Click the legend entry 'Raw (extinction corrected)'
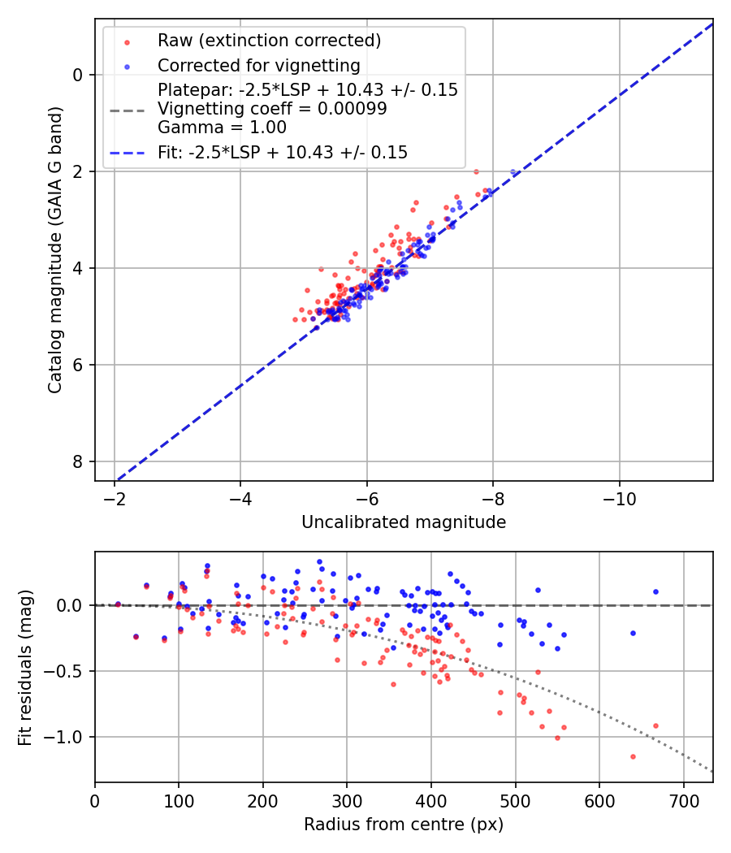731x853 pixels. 269,41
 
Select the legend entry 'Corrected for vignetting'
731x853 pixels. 259,65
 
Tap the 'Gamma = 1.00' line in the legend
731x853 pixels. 222,127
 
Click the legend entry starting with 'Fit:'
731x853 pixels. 282,152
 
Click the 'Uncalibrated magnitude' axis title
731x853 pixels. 404,522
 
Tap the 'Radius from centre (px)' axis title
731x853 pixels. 404,825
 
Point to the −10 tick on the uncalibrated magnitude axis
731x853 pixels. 619,496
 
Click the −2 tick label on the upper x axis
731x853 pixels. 115,496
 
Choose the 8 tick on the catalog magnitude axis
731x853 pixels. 78,461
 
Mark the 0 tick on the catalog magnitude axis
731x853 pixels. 78,75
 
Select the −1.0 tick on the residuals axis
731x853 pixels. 68,737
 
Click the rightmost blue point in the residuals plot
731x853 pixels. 655,592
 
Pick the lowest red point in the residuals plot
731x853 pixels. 633,756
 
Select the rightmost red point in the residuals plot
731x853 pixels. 655,725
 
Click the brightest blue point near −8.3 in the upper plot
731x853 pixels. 513,172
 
